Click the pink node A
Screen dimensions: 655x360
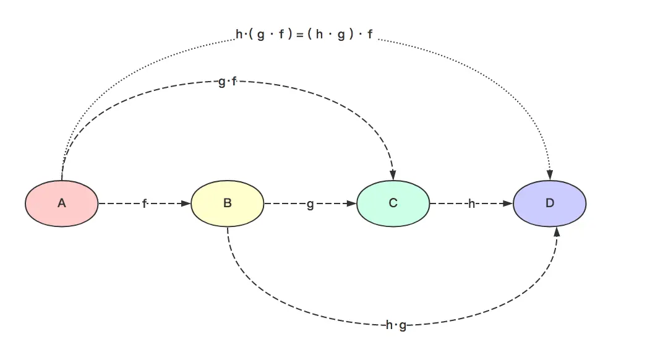tap(61, 204)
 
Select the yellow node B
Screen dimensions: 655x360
tap(227, 204)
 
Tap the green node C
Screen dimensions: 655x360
tap(393, 204)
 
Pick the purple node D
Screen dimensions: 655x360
tap(549, 204)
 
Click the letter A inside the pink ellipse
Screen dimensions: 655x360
tap(61, 204)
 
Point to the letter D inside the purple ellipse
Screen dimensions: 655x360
tap(549, 204)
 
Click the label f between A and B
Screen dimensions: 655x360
tap(145, 204)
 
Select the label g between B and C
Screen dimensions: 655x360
tap(310, 204)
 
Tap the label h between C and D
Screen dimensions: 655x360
tap(471, 204)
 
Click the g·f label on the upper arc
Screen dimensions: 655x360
tap(228, 82)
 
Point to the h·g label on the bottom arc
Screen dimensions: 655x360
tap(396, 325)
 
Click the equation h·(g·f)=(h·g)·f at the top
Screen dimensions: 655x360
tap(304, 35)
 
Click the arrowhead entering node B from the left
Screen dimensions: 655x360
tap(186, 204)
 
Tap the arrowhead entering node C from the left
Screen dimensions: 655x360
tap(351, 204)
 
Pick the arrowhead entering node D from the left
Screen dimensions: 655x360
tap(508, 204)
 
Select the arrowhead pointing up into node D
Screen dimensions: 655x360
tap(557, 232)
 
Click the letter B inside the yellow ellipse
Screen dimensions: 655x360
tap(227, 204)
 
